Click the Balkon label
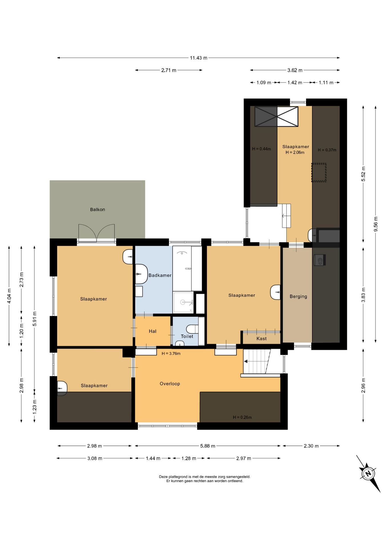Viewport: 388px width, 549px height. click(97, 210)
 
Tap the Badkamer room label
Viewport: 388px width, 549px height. click(160, 275)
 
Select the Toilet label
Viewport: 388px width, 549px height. click(187, 336)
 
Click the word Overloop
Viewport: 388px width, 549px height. click(170, 384)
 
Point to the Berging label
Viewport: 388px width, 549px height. click(298, 297)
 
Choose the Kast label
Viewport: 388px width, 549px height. click(261, 339)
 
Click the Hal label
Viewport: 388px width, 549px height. click(153, 331)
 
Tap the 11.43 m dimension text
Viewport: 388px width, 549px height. click(199, 58)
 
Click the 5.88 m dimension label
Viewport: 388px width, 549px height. click(208, 446)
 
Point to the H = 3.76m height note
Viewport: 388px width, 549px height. click(171, 353)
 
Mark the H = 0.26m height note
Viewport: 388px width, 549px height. click(242, 417)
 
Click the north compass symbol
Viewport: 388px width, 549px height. click(368, 473)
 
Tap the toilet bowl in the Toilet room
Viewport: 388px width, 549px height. click(192, 329)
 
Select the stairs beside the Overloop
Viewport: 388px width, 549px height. click(257, 362)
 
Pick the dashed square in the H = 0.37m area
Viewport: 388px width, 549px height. click(319, 172)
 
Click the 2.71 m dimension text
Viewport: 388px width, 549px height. click(169, 70)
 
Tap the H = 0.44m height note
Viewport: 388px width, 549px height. click(261, 149)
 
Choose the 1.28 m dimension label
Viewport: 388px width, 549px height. click(189, 458)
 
